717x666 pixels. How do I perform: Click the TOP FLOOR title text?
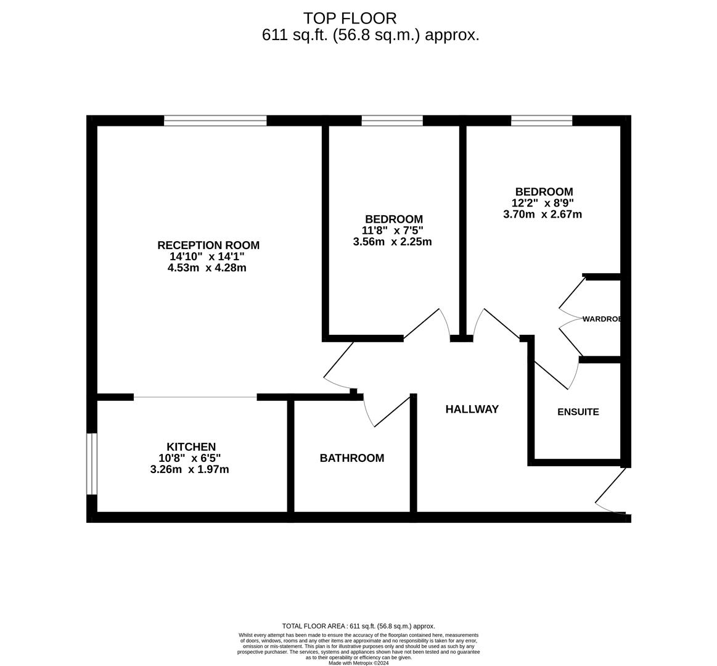(350, 18)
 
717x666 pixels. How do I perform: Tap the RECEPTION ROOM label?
(208, 245)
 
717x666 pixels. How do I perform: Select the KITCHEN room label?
(191, 446)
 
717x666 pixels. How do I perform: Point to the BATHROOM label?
(351, 458)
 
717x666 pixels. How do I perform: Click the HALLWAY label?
(472, 409)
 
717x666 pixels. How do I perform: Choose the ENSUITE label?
(578, 412)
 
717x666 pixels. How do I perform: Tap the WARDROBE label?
(601, 319)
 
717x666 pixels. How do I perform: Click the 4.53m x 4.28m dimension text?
(207, 268)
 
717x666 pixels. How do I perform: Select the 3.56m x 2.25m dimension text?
(392, 242)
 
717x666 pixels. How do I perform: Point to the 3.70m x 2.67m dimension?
(543, 215)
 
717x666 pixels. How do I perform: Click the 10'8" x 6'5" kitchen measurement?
(189, 458)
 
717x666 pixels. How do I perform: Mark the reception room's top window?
(215, 120)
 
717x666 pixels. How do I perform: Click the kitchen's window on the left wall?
(92, 464)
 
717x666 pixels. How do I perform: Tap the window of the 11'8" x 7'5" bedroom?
(392, 120)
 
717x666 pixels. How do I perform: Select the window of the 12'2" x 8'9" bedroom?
(541, 120)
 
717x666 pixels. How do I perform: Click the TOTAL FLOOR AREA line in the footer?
(358, 626)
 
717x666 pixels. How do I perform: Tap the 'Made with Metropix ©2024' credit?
(358, 663)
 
